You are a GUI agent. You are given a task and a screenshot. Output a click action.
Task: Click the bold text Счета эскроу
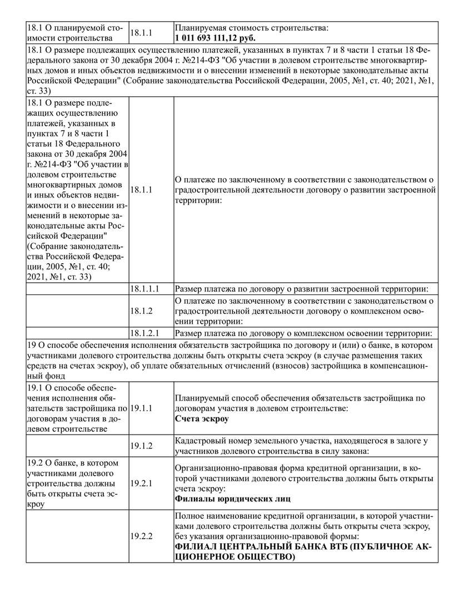(202, 419)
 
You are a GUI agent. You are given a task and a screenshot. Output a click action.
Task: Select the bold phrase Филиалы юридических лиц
(233, 499)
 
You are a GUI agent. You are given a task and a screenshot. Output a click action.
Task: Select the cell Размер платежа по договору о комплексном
(303, 333)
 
